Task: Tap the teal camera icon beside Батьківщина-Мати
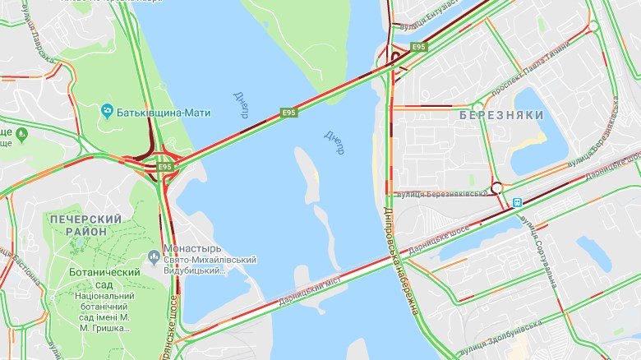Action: (x=107, y=110)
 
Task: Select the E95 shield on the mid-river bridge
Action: (x=288, y=112)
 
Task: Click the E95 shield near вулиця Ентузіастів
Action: (x=419, y=47)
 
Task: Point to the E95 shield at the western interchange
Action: (x=165, y=167)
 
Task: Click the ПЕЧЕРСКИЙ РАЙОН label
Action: (x=86, y=225)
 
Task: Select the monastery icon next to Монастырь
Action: (x=154, y=257)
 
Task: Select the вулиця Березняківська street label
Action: (x=442, y=194)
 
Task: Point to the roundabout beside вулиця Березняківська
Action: (x=496, y=188)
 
